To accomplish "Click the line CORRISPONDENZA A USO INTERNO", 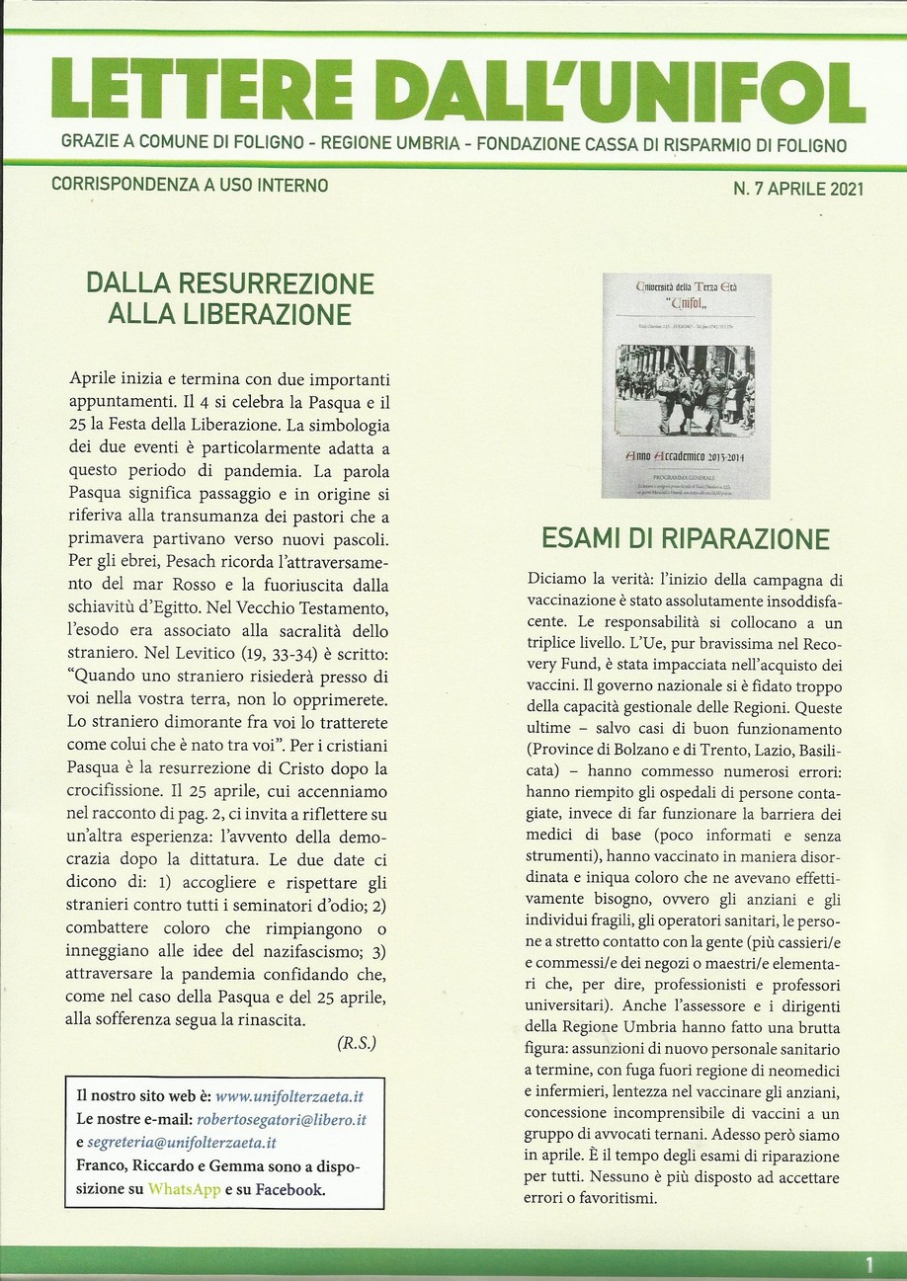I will [x=189, y=185].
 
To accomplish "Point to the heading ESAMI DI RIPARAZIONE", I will [x=685, y=540].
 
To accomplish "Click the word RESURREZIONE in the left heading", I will [x=292, y=284].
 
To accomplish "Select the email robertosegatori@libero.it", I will [x=282, y=1119].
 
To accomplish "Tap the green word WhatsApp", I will [x=185, y=1189].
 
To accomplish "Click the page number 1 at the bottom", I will [x=869, y=1263].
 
